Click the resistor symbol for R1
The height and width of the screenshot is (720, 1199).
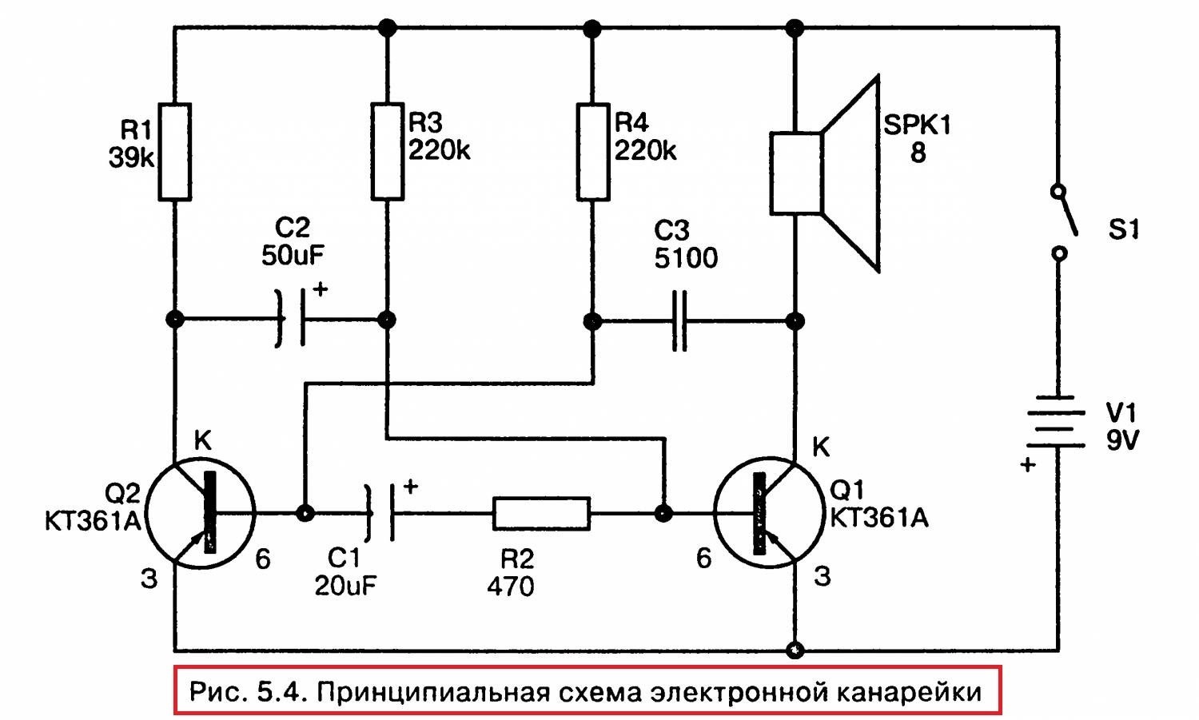pyautogui.click(x=174, y=152)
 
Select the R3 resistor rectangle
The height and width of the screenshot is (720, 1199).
pyautogui.click(x=387, y=150)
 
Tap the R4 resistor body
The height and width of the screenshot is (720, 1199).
pyautogui.click(x=592, y=150)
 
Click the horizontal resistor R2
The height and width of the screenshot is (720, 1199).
pyautogui.click(x=541, y=513)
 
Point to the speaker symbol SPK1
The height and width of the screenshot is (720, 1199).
pyautogui.click(x=823, y=174)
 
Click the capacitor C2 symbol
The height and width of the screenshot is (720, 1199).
pyautogui.click(x=291, y=319)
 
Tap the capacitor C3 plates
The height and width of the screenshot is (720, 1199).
pyautogui.click(x=679, y=321)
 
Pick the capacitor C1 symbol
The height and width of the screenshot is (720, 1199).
pyautogui.click(x=380, y=513)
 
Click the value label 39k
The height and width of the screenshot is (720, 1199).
pyautogui.click(x=131, y=158)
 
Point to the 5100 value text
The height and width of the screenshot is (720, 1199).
pyautogui.click(x=686, y=258)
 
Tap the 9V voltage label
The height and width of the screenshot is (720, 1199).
pyautogui.click(x=1122, y=440)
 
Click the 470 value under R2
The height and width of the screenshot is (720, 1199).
pyautogui.click(x=510, y=587)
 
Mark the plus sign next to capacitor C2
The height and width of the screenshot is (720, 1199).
pyautogui.click(x=320, y=289)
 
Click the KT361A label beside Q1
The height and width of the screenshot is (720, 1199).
pyautogui.click(x=879, y=518)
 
